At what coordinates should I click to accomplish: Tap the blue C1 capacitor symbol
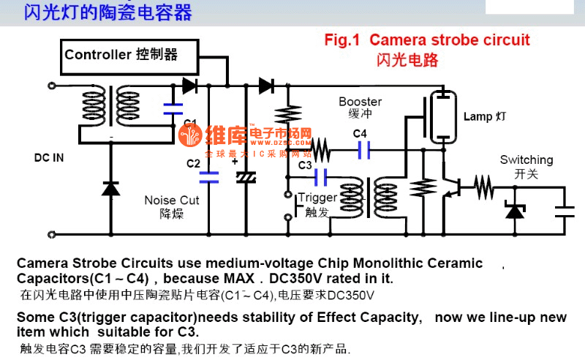[173, 109]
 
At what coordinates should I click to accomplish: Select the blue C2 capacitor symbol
[209, 176]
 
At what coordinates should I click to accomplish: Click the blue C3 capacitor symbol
[320, 176]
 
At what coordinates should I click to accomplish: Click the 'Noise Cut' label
[171, 200]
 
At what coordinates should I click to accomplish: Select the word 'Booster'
[360, 101]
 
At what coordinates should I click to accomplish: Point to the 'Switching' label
[526, 160]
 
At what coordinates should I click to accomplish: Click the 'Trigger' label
[318, 198]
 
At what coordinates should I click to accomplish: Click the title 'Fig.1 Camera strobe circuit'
[427, 40]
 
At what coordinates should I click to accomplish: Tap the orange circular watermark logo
[191, 135]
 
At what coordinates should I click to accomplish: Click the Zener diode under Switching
[516, 211]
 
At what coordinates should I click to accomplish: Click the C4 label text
[360, 134]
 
